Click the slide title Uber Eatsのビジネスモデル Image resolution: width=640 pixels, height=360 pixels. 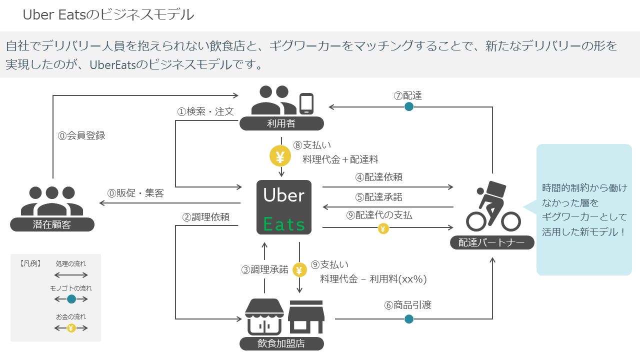pos(108,15)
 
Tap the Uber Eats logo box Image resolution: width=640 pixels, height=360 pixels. pos(284,207)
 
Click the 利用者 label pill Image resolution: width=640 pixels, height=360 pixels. pos(281,123)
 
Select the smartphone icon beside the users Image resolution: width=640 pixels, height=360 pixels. pos(306,103)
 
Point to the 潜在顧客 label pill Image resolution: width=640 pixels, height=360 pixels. pos(52,224)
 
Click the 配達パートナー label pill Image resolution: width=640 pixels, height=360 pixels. pos(491,242)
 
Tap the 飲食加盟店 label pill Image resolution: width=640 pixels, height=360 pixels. pos(281,343)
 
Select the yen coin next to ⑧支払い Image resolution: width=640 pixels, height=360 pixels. pos(280,157)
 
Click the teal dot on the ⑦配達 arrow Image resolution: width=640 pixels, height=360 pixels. pos(409,106)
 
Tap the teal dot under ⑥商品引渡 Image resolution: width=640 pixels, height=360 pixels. pos(409,319)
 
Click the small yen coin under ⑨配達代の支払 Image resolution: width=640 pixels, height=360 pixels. pos(383,228)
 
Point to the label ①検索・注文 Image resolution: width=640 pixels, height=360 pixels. pos(205,111)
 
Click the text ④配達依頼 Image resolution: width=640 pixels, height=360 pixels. pos(378,177)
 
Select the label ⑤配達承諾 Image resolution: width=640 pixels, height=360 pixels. pos(378,197)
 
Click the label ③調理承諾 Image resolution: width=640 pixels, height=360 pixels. pos(265,269)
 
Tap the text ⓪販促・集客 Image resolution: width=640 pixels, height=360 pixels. pos(135,193)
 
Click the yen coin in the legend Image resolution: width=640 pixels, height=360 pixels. pos(71,328)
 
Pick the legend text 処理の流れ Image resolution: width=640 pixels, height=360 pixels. pos(71,263)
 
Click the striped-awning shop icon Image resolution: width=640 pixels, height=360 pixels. pos(264,316)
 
